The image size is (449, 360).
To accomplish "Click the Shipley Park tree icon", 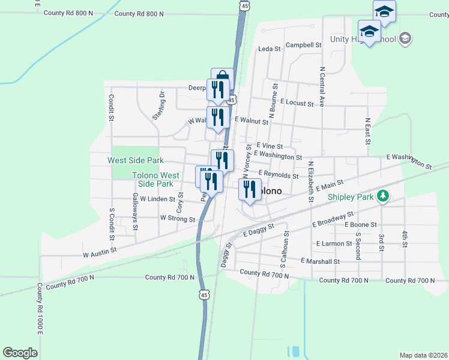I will (382, 196).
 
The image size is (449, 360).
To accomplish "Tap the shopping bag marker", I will (222, 77).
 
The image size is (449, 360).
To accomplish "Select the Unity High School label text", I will (363, 40).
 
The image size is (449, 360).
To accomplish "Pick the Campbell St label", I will (304, 45).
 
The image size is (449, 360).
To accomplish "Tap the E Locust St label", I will (297, 104).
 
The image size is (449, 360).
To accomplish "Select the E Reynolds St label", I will (279, 175).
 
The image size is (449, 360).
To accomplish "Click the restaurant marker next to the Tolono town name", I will (249, 190).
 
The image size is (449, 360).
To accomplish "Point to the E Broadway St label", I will (333, 220).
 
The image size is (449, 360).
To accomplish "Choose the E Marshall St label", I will (319, 262).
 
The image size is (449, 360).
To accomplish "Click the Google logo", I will (20, 353).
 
